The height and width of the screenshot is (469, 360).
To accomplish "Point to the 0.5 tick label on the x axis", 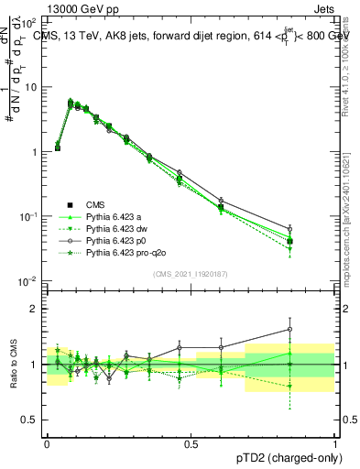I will tap(191, 443).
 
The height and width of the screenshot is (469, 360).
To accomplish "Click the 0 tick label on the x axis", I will tap(47, 443).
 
